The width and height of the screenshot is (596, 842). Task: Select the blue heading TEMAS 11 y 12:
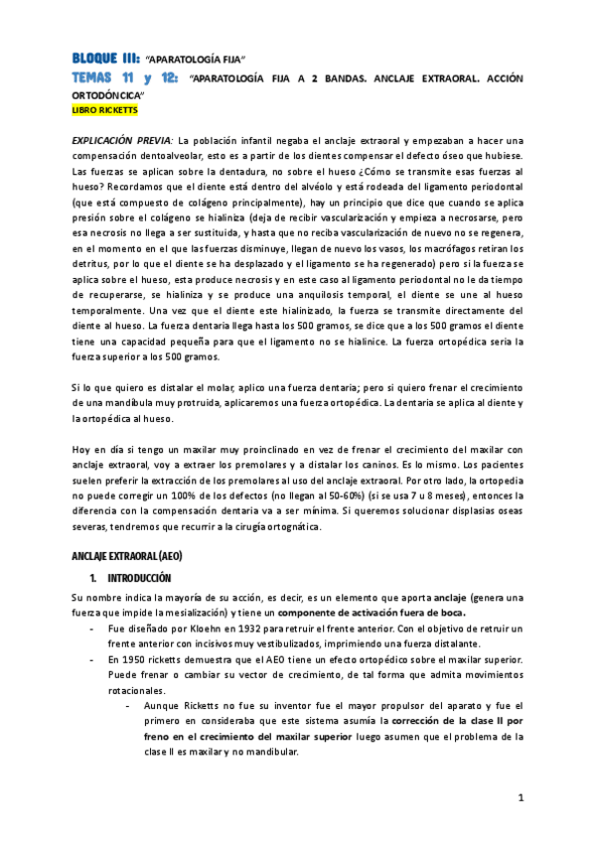(x=124, y=76)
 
